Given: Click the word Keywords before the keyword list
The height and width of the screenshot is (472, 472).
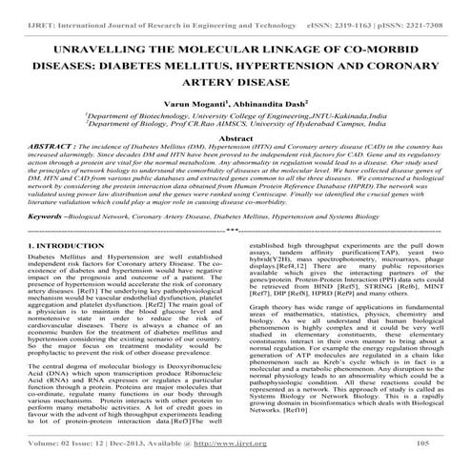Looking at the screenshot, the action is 41,217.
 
